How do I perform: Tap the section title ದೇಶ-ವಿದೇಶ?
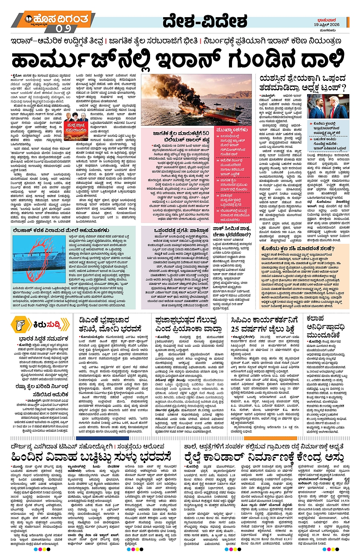205,21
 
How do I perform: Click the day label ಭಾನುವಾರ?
326,20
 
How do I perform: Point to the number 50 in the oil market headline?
205,133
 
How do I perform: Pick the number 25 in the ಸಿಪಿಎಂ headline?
235,329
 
